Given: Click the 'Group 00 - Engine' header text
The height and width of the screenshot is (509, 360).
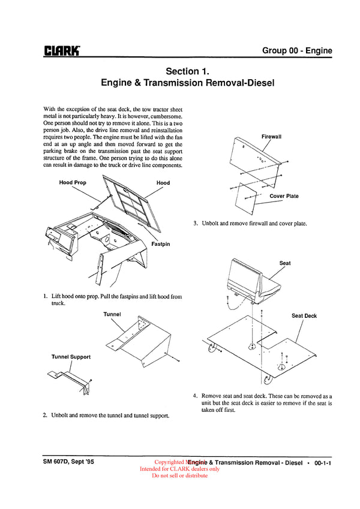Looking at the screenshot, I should [296, 50].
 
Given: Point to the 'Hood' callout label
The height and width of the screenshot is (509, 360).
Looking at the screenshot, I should [163, 183].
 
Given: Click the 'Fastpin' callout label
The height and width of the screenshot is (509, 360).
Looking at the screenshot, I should [160, 244].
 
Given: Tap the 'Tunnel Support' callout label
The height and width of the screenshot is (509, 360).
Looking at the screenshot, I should [71, 357].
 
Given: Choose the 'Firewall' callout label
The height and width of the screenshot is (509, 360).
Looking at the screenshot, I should [271, 137].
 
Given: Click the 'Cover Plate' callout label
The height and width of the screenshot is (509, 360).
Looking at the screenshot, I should [284, 196].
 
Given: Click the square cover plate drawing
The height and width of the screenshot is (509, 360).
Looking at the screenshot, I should [248, 197].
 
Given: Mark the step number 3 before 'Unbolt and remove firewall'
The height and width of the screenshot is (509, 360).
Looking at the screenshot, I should [196, 224].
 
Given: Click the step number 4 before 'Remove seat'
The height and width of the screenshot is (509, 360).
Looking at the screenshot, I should [196, 396].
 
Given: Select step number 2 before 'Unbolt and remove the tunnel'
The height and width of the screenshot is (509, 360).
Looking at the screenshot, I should [45, 415].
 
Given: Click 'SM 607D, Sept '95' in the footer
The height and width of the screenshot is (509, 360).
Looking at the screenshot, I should [68, 462].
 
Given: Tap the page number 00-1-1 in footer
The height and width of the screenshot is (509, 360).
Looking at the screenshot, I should [323, 463].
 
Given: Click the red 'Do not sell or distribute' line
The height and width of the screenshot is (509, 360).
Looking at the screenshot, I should [179, 475].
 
